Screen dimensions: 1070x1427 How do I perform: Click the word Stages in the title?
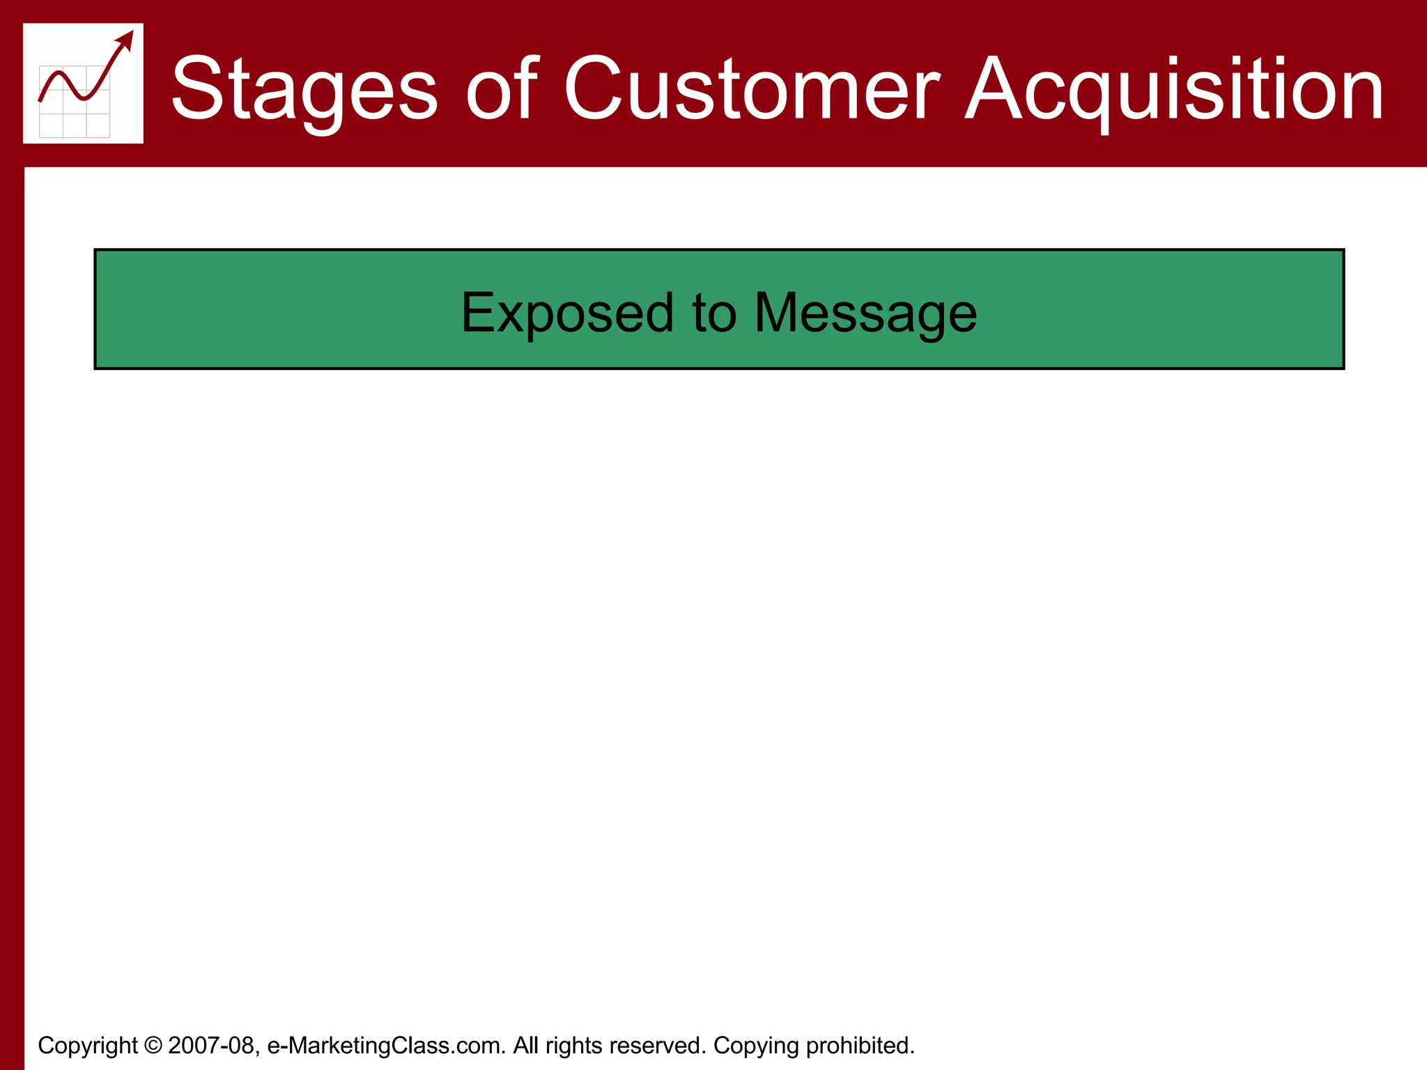pyautogui.click(x=304, y=89)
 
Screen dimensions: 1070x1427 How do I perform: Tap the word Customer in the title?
pyautogui.click(x=751, y=89)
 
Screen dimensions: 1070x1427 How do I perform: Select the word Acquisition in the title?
pyautogui.click(x=1174, y=89)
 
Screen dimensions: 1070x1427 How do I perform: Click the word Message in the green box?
pyautogui.click(x=865, y=313)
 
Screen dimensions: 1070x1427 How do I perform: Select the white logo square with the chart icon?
pyautogui.click(x=83, y=84)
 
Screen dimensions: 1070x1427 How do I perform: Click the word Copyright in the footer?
pyautogui.click(x=87, y=1045)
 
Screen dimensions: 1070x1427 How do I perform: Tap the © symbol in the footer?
pyautogui.click(x=153, y=1045)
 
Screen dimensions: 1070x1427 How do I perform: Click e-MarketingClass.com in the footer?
pyautogui.click(x=386, y=1045)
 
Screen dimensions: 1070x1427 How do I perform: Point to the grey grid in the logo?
pyautogui.click(x=74, y=115)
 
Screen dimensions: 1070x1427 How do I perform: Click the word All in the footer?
pyautogui.click(x=526, y=1045)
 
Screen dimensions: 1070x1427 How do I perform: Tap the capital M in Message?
pyautogui.click(x=775, y=313)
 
